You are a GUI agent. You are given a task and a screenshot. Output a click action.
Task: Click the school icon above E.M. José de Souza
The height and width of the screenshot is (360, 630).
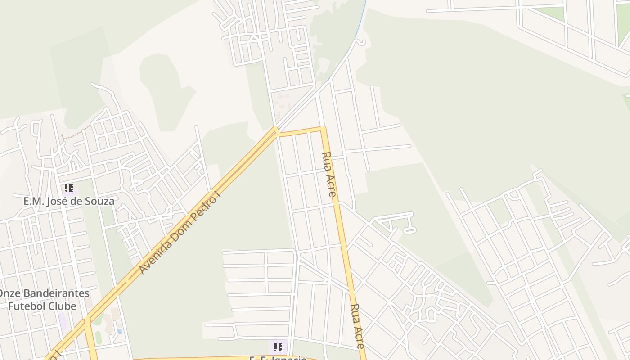[68, 188]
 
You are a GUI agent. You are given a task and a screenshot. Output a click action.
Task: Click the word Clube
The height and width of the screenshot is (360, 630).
[63, 306]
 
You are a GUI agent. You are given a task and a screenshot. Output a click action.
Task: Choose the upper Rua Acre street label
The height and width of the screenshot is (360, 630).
[329, 175]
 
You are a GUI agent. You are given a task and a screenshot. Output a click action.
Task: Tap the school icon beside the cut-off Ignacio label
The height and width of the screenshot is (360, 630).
[278, 347]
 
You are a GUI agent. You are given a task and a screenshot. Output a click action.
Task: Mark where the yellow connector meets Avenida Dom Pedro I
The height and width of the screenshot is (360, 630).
[276, 130]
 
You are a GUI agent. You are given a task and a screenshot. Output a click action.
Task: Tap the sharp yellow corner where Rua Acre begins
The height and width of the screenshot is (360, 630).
[323, 129]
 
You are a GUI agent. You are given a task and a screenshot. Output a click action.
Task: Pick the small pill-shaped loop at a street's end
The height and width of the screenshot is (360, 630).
[409, 231]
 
